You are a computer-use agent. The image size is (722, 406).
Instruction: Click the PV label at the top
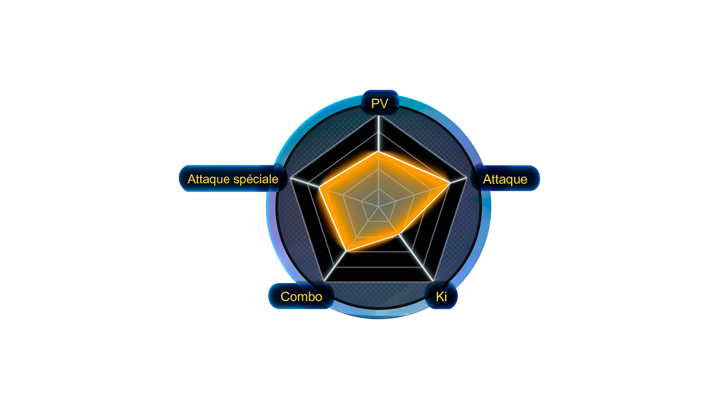380,103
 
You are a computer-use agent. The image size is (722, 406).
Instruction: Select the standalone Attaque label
505,179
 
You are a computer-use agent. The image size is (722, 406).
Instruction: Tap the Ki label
441,297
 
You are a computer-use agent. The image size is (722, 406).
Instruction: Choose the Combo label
301,297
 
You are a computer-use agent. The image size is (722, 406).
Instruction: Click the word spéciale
257,179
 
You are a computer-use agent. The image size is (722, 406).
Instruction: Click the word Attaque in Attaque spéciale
210,179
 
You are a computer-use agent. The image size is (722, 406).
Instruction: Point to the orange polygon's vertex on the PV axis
379,152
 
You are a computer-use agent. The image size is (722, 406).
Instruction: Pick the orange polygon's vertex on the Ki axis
399,235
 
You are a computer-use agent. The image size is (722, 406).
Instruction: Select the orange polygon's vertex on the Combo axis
346,250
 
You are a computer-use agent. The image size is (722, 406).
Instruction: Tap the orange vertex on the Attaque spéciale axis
319,187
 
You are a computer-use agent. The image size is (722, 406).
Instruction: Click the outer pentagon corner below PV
379,116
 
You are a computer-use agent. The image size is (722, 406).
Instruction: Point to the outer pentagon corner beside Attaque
466,178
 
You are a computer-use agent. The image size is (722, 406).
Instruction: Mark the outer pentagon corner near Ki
433,281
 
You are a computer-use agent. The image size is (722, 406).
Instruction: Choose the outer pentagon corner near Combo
324,281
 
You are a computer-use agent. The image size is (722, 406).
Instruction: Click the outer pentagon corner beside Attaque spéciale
290,178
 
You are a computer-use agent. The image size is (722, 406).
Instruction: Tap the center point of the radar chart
379,206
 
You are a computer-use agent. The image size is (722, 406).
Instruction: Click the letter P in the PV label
375,103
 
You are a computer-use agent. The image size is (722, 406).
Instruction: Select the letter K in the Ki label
439,297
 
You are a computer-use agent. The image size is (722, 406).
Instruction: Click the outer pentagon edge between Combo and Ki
378,281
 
